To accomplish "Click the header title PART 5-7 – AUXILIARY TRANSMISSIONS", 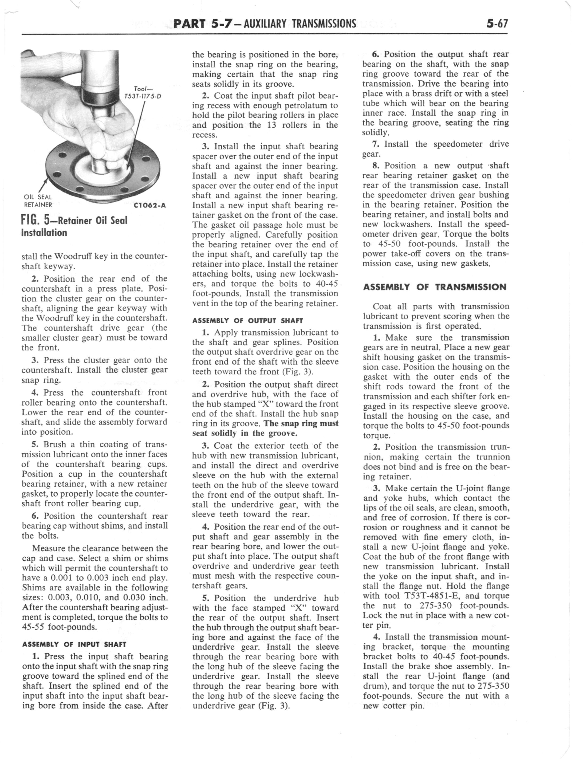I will [264, 24].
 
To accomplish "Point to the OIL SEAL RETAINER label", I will [38, 201].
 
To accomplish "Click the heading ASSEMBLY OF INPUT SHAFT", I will [74, 645].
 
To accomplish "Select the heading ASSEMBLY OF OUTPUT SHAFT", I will [248, 321].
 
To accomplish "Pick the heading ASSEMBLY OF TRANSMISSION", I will [435, 287].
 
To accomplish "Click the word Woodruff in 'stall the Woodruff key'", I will [72, 257].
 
